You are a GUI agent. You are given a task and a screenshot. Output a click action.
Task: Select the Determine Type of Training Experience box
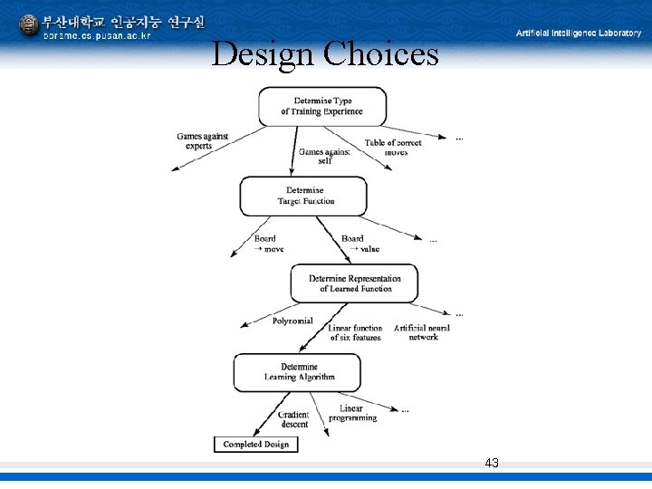322,106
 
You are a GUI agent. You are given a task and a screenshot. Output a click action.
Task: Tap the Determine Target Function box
303,196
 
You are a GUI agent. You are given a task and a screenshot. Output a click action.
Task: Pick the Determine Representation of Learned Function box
354,283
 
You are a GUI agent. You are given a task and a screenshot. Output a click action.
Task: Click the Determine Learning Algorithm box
298,372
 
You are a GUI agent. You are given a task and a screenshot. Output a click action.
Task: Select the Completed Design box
255,444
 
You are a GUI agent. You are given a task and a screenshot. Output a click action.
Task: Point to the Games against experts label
202,141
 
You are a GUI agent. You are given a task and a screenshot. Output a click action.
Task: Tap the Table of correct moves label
394,148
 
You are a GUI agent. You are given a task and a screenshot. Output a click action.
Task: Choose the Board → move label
268,244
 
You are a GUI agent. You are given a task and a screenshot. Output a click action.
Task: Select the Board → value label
358,244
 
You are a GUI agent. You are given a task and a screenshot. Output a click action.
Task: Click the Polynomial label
292,321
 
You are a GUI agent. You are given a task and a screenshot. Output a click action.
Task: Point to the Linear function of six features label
355,332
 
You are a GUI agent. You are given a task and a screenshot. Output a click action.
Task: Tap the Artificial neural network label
422,332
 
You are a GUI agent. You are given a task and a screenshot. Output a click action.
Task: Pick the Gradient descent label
294,419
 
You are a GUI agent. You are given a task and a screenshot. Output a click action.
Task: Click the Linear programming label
353,413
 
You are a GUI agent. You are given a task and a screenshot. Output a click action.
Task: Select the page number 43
492,463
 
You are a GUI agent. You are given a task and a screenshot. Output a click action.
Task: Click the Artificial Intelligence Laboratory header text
579,33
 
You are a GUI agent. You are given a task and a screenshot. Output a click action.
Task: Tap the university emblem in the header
29,25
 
